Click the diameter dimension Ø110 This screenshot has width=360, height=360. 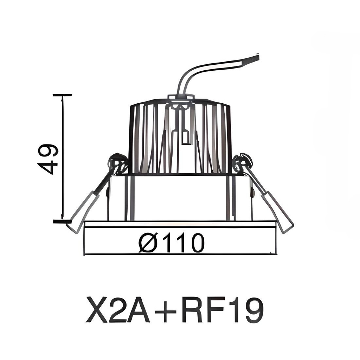click(x=171, y=243)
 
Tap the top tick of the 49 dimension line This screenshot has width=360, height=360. click(x=62, y=95)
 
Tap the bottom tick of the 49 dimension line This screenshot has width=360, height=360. click(x=62, y=221)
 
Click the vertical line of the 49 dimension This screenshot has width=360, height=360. click(x=63, y=158)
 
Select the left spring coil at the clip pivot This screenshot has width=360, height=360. click(x=118, y=163)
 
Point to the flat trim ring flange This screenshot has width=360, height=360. click(x=180, y=224)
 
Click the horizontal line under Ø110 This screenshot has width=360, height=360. click(x=180, y=253)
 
